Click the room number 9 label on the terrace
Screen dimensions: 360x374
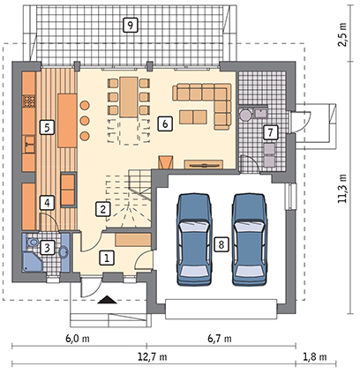pyautogui.click(x=130, y=25)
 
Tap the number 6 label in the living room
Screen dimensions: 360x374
pyautogui.click(x=165, y=123)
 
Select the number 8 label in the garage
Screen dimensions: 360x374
pyautogui.click(x=221, y=244)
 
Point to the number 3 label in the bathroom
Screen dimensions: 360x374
pyautogui.click(x=47, y=248)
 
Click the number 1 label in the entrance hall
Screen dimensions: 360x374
pyautogui.click(x=107, y=258)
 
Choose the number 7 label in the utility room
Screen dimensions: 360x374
pyautogui.click(x=270, y=132)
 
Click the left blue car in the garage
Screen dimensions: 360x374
pyautogui.click(x=194, y=239)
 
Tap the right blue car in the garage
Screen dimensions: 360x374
pyautogui.click(x=250, y=239)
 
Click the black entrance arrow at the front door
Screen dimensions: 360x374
pyautogui.click(x=107, y=300)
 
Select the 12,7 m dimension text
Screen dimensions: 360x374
pyautogui.click(x=153, y=357)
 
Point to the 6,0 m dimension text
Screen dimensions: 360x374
pyautogui.click(x=78, y=339)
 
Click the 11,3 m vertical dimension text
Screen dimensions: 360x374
pyautogui.click(x=342, y=189)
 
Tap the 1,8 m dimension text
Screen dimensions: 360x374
pyautogui.click(x=314, y=357)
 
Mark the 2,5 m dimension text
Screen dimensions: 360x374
pyautogui.click(x=342, y=34)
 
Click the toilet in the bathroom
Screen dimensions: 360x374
pyautogui.click(x=32, y=243)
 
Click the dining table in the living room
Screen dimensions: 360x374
pyautogui.click(x=129, y=97)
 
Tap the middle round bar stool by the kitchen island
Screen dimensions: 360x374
pyautogui.click(x=85, y=120)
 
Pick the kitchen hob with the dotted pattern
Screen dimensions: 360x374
pyautogui.click(x=29, y=101)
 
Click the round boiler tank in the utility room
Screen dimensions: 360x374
pyautogui.click(x=244, y=114)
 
